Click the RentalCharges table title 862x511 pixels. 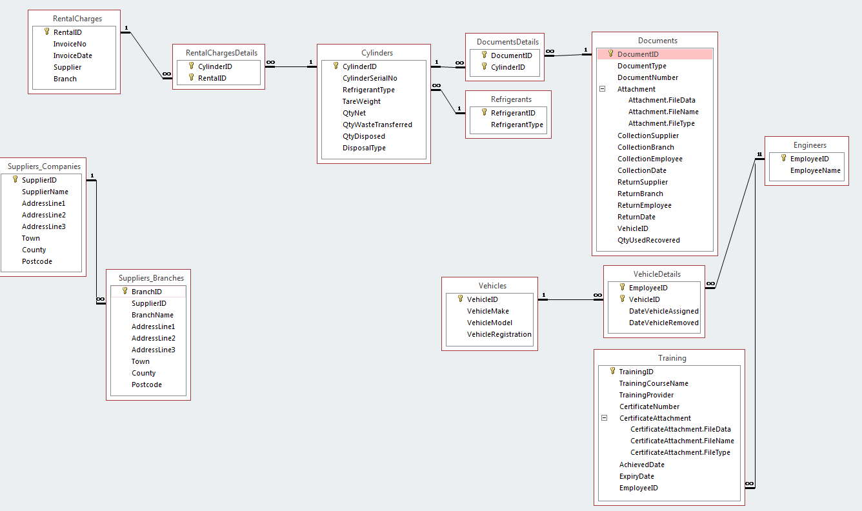pyautogui.click(x=77, y=19)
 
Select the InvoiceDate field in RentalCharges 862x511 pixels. pyautogui.click(x=72, y=55)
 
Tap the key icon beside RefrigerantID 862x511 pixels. pyautogui.click(x=484, y=112)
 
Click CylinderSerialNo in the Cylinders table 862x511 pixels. pyautogui.click(x=370, y=78)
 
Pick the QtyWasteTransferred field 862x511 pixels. pyautogui.click(x=377, y=125)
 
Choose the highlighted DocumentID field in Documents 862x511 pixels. pyautogui.click(x=637, y=54)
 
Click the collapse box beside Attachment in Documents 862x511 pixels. pyautogui.click(x=603, y=89)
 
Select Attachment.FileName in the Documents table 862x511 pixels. pyautogui.click(x=663, y=112)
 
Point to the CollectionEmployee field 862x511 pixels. pyautogui.click(x=650, y=159)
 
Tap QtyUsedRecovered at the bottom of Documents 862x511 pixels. pyautogui.click(x=648, y=240)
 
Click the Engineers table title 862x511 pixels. pyautogui.click(x=810, y=145)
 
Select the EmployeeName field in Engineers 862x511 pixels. pyautogui.click(x=816, y=170)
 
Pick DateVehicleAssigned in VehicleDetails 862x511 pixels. pyautogui.click(x=663, y=311)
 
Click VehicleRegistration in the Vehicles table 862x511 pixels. pyautogui.click(x=499, y=334)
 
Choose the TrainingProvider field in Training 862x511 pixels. pyautogui.click(x=646, y=395)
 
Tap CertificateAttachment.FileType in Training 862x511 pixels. pyautogui.click(x=680, y=452)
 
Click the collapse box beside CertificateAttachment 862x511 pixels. pyautogui.click(x=605, y=418)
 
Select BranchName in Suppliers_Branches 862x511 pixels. pyautogui.click(x=152, y=315)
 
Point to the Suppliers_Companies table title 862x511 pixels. pyautogui.click(x=44, y=166)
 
